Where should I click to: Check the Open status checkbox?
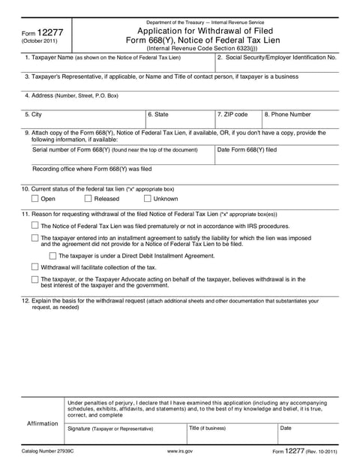click(x=35, y=199)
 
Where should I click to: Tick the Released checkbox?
click(x=88, y=199)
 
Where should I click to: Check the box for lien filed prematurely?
click(x=35, y=225)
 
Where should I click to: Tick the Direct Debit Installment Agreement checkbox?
click(x=53, y=256)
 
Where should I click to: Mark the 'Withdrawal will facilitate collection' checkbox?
click(x=35, y=267)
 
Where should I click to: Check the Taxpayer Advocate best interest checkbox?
click(x=35, y=279)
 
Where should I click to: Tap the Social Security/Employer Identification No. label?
click(x=276, y=57)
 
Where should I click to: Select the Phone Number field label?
click(x=287, y=114)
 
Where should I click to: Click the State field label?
click(x=158, y=114)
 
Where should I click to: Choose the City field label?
click(x=33, y=114)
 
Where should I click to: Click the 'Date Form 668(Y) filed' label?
click(x=247, y=150)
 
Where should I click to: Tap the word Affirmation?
click(x=43, y=423)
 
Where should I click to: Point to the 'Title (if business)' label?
click(x=207, y=428)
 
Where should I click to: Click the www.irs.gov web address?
click(x=180, y=450)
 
